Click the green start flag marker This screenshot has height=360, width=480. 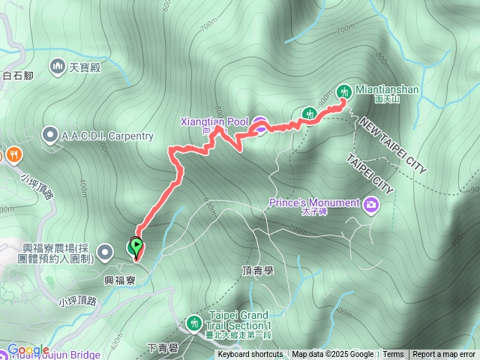point(136,244)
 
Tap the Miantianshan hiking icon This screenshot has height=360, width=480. point(344,91)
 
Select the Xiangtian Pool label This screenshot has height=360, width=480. point(213,121)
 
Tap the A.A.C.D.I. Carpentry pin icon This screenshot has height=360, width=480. point(49,136)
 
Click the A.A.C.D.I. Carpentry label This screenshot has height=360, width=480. point(107,136)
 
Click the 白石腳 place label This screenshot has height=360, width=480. point(19,75)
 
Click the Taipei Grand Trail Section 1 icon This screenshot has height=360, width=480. point(194,323)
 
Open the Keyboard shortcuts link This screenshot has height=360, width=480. point(250,355)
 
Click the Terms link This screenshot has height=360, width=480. point(393,355)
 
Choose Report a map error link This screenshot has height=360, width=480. point(444,355)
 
